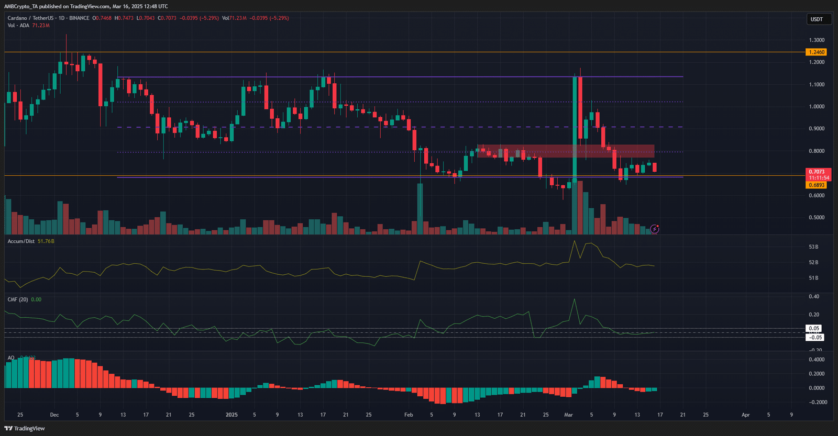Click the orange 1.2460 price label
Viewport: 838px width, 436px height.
[817, 52]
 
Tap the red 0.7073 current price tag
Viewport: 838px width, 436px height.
[817, 172]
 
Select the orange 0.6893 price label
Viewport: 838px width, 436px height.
[817, 185]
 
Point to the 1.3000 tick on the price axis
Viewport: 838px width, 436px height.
[817, 40]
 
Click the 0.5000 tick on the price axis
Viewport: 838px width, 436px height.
[817, 218]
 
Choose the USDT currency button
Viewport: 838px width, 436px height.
[817, 19]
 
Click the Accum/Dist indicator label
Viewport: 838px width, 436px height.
[21, 241]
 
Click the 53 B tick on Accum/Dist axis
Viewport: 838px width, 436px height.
[813, 247]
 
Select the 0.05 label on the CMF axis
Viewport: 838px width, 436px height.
[814, 329]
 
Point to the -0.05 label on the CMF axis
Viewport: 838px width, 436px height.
[815, 338]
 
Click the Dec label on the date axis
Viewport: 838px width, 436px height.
[54, 415]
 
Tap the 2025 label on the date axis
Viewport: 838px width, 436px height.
[231, 415]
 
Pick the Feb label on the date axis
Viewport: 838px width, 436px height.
[409, 415]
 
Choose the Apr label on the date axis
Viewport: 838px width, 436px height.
[745, 415]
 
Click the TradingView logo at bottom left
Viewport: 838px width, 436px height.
[25, 429]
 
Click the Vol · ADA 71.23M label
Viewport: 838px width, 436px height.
[28, 26]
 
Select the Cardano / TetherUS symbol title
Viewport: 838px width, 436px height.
[30, 18]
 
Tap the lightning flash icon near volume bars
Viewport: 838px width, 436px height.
[655, 229]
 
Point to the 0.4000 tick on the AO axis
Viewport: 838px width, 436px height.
[817, 360]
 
